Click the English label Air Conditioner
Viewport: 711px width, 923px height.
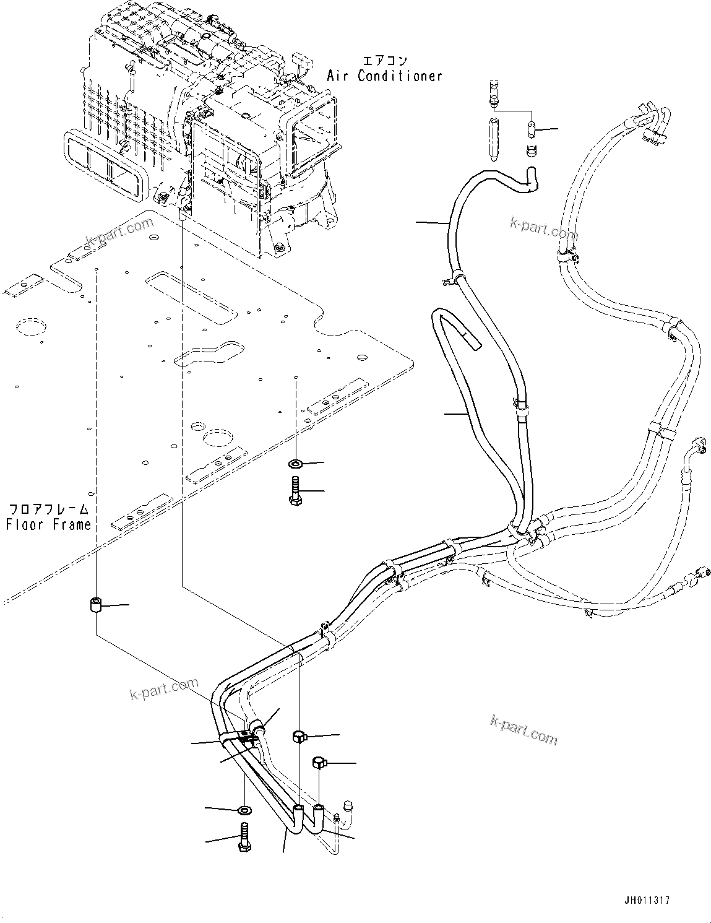point(385,76)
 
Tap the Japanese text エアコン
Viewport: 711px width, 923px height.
point(384,61)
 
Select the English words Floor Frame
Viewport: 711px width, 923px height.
point(48,524)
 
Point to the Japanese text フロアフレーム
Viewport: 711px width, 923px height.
point(48,509)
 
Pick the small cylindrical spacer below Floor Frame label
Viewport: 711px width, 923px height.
point(96,605)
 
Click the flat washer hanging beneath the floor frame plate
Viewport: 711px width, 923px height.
point(296,463)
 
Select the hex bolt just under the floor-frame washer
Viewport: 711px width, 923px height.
point(296,490)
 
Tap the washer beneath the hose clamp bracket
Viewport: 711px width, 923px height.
point(244,809)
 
